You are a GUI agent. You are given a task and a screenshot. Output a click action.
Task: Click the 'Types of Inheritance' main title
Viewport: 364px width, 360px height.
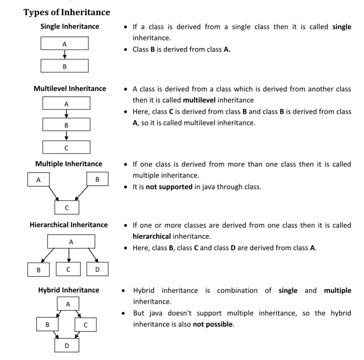pyautogui.click(x=67, y=12)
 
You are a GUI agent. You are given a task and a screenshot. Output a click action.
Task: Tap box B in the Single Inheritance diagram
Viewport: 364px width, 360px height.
pyautogui.click(x=65, y=66)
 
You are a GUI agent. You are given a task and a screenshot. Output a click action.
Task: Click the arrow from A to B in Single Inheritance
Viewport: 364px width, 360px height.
pyautogui.click(x=65, y=54)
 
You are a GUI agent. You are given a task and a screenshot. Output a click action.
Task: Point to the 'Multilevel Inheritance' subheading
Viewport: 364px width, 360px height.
pyautogui.click(x=70, y=89)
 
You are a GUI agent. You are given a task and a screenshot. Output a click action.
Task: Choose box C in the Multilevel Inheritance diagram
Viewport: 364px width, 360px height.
pyautogui.click(x=67, y=148)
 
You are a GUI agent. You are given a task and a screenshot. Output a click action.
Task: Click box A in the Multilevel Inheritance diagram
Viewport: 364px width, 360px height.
pyautogui.click(x=67, y=103)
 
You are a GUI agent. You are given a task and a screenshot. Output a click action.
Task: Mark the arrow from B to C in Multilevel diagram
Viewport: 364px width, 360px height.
pyautogui.click(x=67, y=136)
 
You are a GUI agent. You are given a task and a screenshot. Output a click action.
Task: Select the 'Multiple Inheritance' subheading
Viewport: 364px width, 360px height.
pyautogui.click(x=69, y=164)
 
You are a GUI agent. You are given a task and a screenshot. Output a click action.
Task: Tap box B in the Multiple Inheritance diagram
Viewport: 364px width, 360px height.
pyautogui.click(x=97, y=180)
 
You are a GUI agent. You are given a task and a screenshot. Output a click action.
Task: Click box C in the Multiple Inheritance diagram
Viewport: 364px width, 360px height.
pyautogui.click(x=67, y=207)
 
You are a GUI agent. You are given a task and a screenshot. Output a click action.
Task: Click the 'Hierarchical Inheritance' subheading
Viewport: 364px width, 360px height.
pyautogui.click(x=69, y=225)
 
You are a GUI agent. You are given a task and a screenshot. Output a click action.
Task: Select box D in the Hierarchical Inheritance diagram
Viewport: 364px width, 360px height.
pyautogui.click(x=97, y=269)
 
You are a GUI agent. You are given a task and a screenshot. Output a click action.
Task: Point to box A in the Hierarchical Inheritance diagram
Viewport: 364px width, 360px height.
pyautogui.click(x=71, y=241)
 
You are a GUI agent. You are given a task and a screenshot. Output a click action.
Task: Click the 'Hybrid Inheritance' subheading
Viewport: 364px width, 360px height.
pyautogui.click(x=69, y=290)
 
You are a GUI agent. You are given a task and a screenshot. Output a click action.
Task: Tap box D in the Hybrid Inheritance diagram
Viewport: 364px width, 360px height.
pyautogui.click(x=68, y=346)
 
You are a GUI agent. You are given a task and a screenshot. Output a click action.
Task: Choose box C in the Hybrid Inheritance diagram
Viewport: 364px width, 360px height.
pyautogui.click(x=85, y=325)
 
